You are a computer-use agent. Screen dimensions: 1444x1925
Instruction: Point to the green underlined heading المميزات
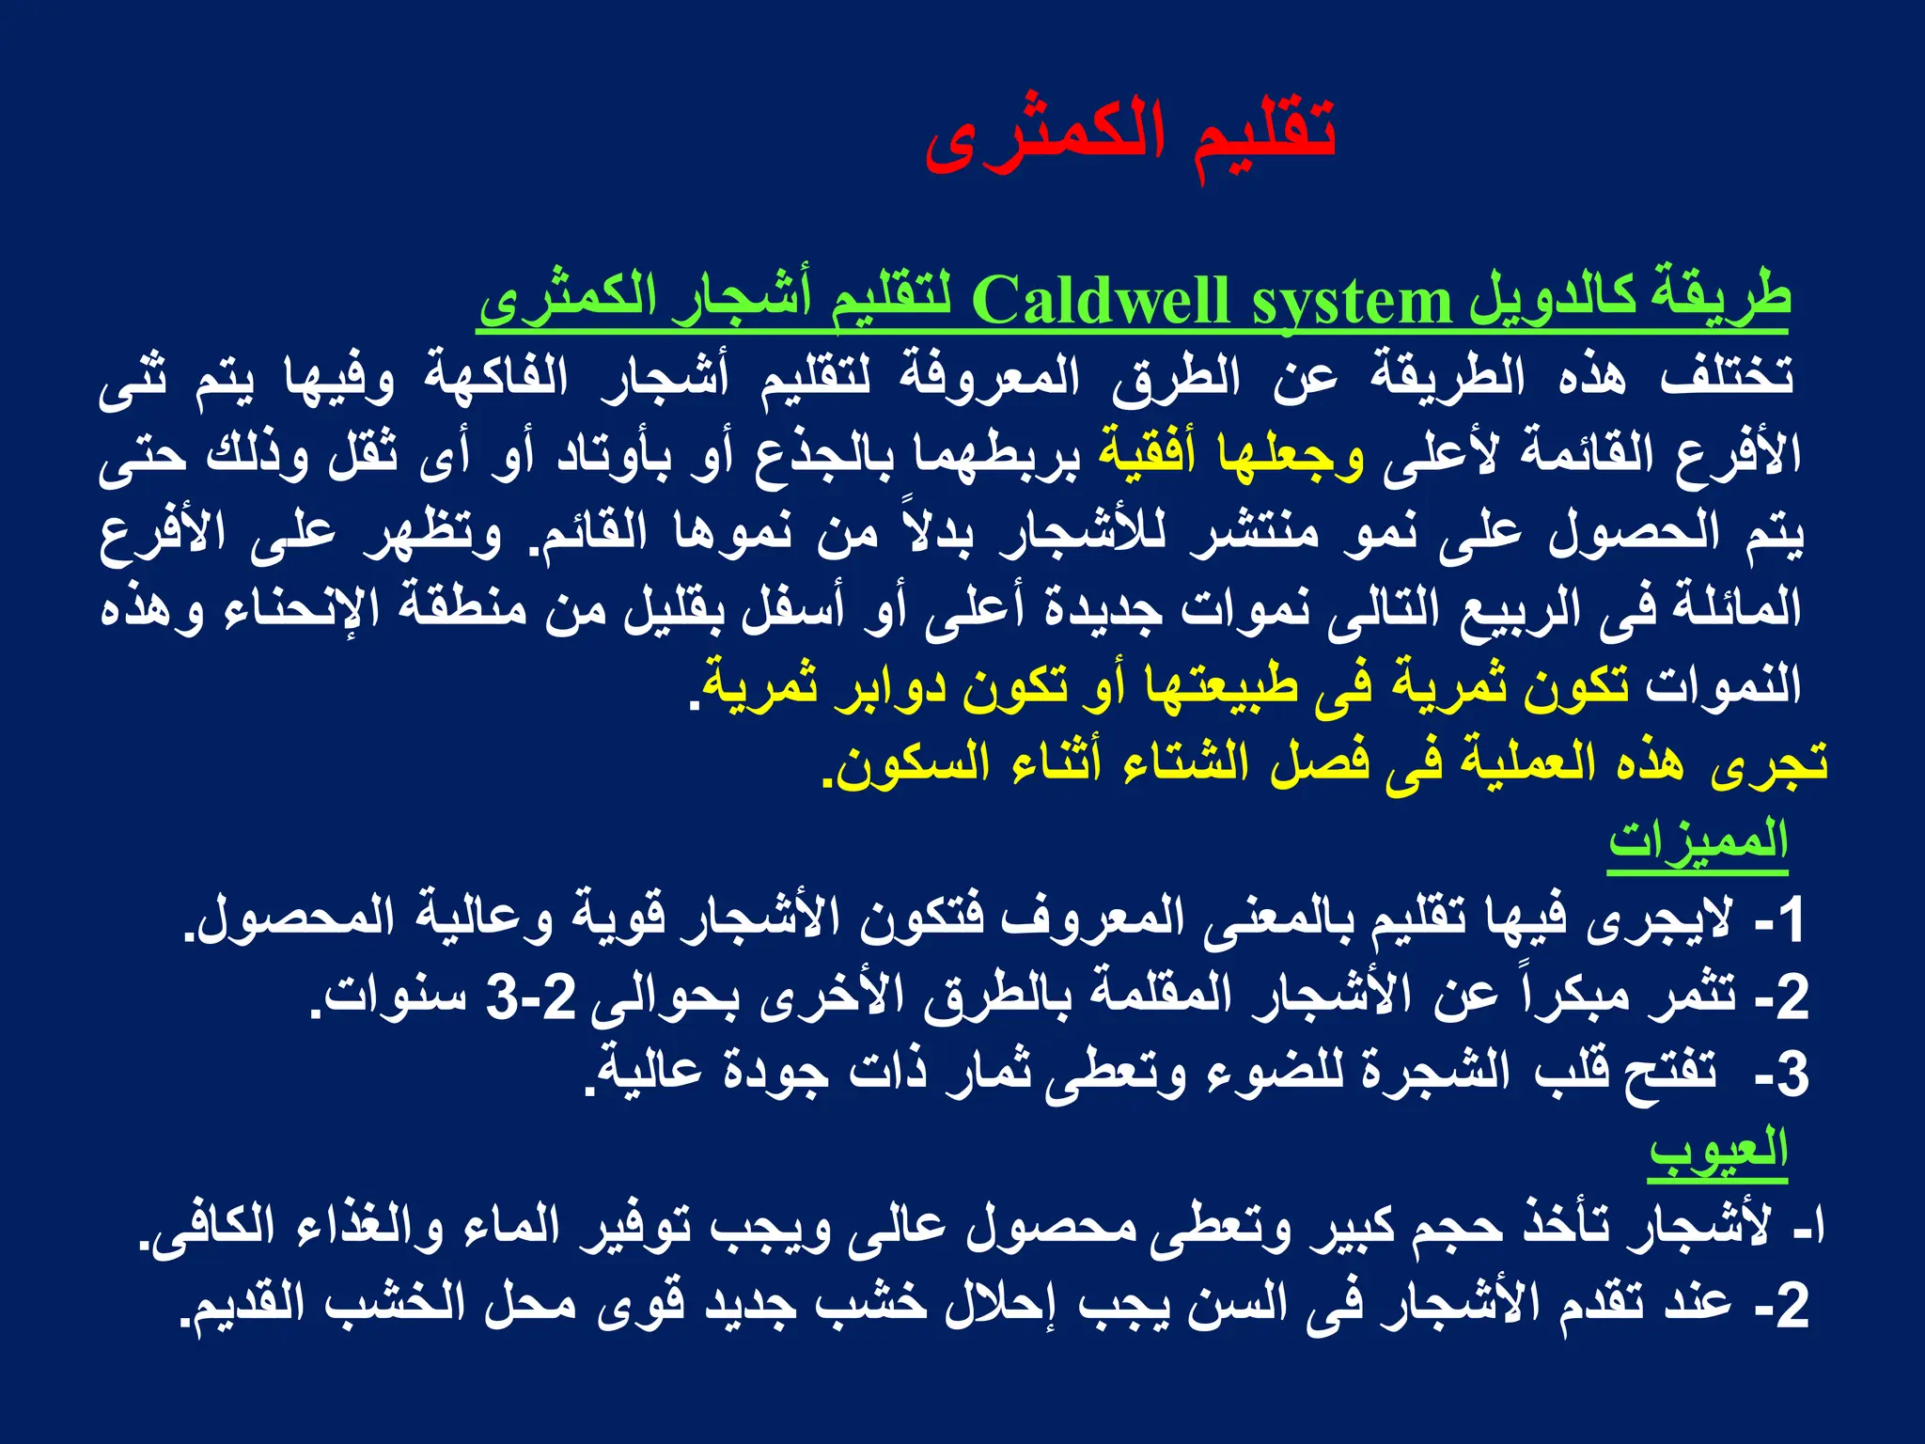tap(1697, 840)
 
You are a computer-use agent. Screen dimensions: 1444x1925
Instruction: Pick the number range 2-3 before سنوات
tap(531, 997)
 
